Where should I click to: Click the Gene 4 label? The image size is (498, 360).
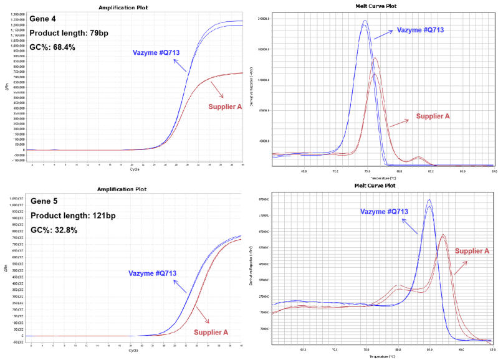tap(44, 20)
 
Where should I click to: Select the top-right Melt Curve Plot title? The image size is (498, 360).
tap(375, 6)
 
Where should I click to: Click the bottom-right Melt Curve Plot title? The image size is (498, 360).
tap(375, 185)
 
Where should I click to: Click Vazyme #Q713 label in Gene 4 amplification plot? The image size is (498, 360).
tap(156, 52)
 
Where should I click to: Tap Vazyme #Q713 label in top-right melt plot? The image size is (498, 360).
tap(419, 30)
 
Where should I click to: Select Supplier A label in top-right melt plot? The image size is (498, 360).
tap(433, 116)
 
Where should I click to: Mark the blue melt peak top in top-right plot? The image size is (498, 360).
tap(365, 21)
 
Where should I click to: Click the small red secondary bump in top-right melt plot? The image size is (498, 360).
tap(419, 158)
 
